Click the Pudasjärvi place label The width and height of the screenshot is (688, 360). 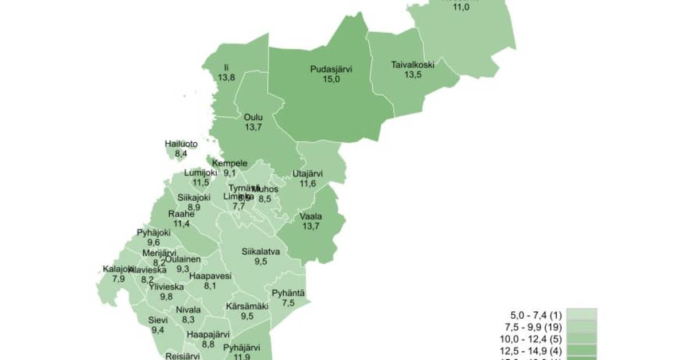[x=331, y=69]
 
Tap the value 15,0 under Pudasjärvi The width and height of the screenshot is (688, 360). [x=331, y=79]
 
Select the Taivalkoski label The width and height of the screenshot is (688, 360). [x=412, y=65]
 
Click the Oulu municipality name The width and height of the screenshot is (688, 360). [x=253, y=117]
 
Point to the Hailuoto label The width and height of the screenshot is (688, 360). [x=181, y=144]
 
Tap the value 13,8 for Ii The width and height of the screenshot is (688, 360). [x=226, y=77]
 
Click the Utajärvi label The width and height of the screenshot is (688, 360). [x=308, y=174]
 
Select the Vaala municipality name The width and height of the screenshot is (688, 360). [x=311, y=217]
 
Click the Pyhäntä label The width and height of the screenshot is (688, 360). [x=288, y=294]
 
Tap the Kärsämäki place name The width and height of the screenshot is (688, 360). [x=247, y=306]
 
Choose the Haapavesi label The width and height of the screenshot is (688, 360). [x=210, y=276]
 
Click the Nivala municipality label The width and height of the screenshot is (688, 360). [x=189, y=310]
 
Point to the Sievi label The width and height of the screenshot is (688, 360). [x=158, y=320]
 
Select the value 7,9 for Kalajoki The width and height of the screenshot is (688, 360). [x=119, y=279]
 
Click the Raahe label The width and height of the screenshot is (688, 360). [x=181, y=214]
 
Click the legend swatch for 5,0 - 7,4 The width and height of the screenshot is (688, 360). [x=581, y=315]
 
